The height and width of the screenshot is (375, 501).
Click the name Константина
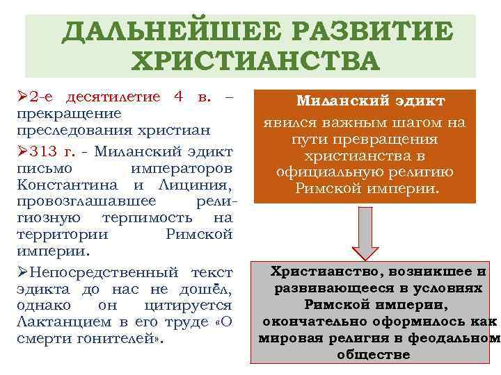click(60, 185)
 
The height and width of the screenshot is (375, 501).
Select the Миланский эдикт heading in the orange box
click(370, 101)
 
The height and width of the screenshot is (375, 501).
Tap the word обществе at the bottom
click(373, 354)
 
